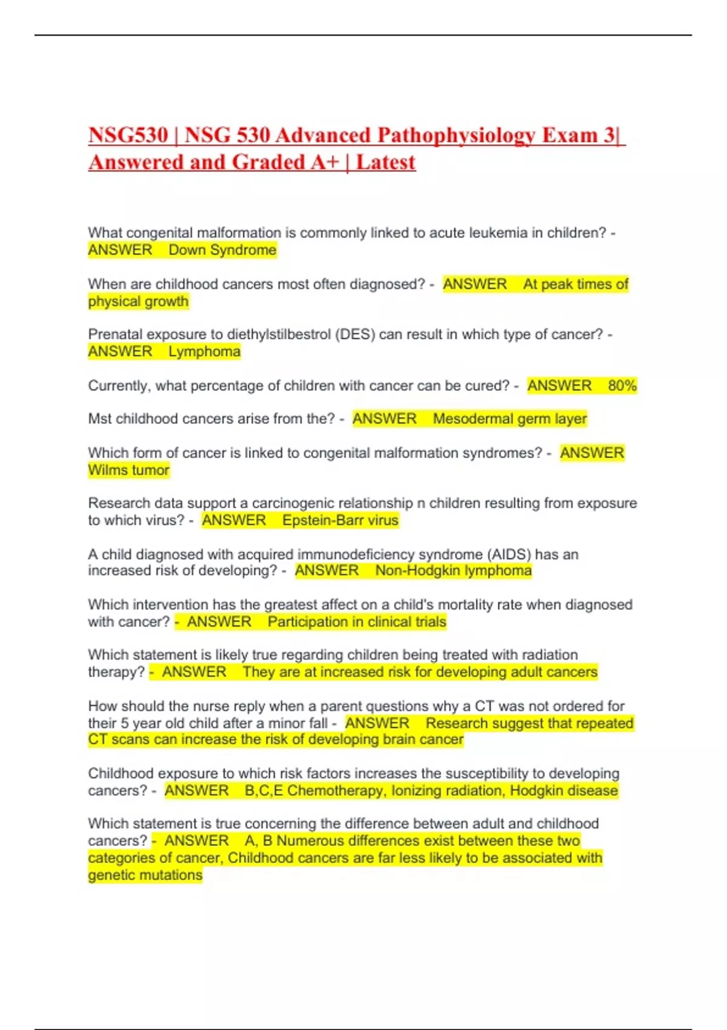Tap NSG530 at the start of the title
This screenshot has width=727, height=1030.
coord(128,135)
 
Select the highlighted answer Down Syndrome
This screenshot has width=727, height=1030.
coord(222,250)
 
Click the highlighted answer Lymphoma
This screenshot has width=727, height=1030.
coord(204,351)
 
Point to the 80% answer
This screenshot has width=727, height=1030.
coord(622,386)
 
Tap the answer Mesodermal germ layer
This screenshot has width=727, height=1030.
coord(510,419)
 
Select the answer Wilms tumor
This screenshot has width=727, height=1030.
coord(128,470)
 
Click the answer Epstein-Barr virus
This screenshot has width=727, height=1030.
coord(340,520)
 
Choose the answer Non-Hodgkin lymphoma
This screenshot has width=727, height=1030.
coord(453,571)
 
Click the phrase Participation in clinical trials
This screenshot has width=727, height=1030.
coord(357,622)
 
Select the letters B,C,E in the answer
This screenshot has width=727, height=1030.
coord(264,791)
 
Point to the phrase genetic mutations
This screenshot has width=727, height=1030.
coord(145,875)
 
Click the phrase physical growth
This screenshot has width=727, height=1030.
coord(138,301)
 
